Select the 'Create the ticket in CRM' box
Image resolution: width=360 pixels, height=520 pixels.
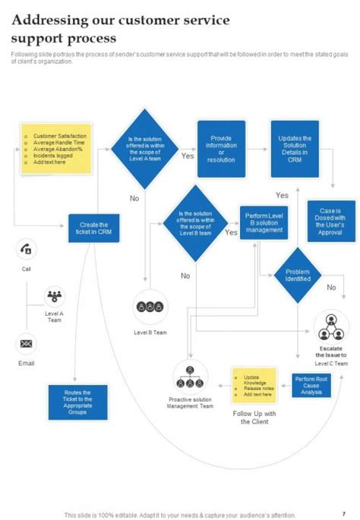coord(93,228)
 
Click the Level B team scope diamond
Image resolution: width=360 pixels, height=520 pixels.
coord(195,225)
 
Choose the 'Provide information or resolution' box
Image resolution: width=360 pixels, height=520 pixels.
coord(221,150)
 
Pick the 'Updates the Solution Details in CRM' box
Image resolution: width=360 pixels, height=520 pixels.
coord(295,150)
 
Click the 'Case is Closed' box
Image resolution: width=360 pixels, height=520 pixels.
coord(331,221)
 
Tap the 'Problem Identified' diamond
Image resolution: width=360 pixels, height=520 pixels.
coord(297,275)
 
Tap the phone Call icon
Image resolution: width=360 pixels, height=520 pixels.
coord(27,249)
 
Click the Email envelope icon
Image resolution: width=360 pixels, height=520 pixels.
coord(27,345)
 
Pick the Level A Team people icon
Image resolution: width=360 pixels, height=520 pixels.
coord(55,295)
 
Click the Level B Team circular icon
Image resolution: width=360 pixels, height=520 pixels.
coord(150,307)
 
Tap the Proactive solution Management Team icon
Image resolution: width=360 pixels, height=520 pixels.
coord(190,375)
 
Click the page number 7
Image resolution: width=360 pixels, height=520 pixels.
coord(343,513)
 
